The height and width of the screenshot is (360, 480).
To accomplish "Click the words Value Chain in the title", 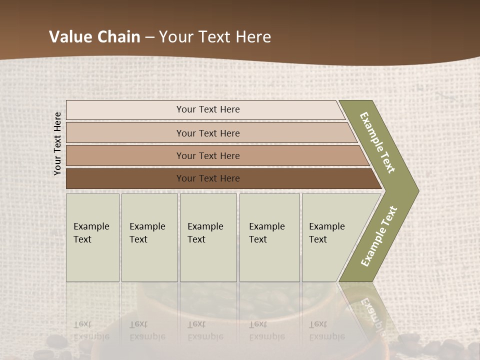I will (x=94, y=37).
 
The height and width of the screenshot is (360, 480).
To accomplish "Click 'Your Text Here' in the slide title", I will (x=215, y=37).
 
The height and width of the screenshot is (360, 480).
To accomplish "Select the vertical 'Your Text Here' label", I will (x=57, y=143).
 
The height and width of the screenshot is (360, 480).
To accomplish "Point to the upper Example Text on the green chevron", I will (x=377, y=142).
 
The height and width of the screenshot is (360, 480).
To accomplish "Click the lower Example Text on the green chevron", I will (x=378, y=236).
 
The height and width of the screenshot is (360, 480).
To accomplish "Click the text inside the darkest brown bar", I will (x=208, y=178).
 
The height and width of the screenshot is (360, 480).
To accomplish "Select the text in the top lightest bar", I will (x=208, y=109).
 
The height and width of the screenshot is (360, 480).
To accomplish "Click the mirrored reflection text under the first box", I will (x=91, y=330).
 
